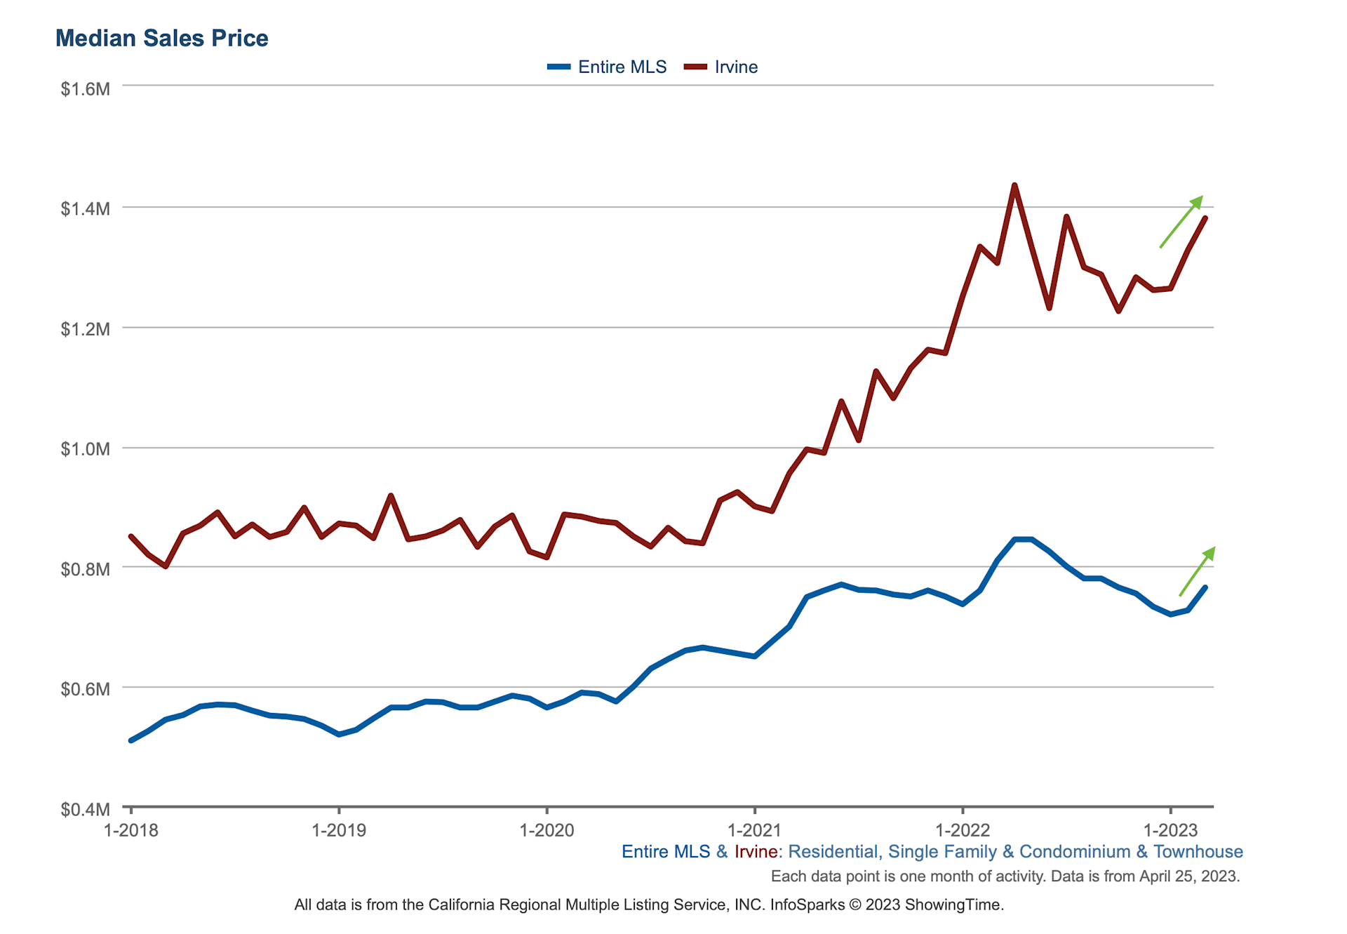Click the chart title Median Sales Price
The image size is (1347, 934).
161,38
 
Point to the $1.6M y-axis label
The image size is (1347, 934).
85,89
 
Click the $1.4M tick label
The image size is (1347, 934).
85,208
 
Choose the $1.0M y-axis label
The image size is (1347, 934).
85,449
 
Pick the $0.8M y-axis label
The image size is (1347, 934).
85,569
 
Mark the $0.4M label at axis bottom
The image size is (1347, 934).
85,810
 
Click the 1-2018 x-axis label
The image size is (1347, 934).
131,831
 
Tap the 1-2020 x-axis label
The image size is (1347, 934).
547,831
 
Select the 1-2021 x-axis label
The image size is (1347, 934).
755,831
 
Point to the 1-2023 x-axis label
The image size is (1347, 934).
1170,831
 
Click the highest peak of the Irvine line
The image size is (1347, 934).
1014,185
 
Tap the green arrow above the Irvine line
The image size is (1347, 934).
1181,222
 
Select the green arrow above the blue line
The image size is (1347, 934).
1197,571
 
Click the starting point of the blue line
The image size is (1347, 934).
131,740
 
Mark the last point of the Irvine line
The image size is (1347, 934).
1205,218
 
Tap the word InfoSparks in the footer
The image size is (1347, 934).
807,905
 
